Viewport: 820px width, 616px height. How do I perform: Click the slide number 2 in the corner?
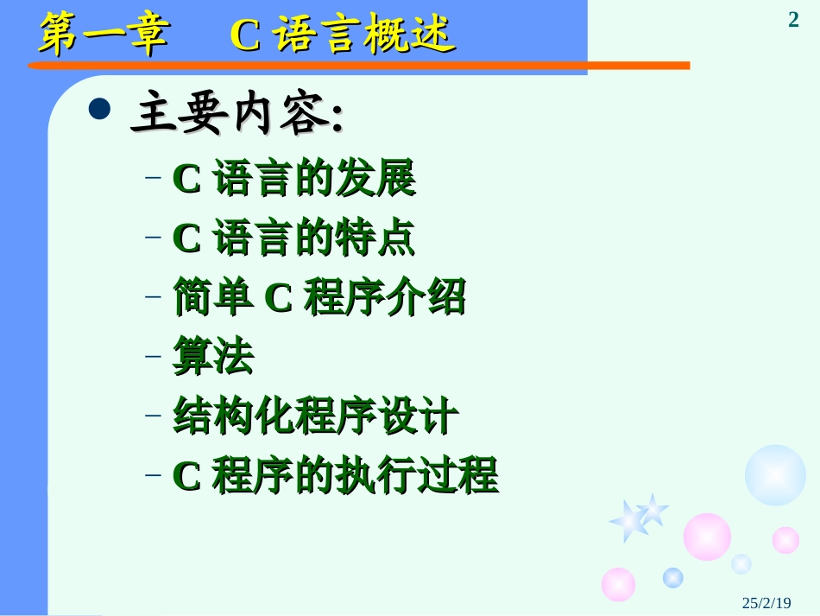pos(793,19)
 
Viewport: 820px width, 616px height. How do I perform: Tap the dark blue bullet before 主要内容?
pos(101,109)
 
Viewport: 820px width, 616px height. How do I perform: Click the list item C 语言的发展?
pos(293,179)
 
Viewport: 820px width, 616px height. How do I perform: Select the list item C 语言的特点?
pos(293,238)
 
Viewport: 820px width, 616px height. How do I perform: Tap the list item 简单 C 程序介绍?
pos(319,297)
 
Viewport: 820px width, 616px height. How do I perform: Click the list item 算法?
pos(213,357)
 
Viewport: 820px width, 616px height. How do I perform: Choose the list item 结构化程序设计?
pos(315,416)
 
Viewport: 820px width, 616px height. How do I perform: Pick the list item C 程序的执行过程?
pos(335,475)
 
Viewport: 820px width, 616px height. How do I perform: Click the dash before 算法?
pos(154,356)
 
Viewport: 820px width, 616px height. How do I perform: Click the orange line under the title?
pos(363,65)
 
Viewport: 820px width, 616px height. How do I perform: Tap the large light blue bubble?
pos(775,474)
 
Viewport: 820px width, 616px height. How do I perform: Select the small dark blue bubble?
pos(673,577)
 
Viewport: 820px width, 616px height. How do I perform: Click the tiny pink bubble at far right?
pos(785,540)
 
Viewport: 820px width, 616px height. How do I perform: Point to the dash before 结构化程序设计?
pos(154,416)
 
